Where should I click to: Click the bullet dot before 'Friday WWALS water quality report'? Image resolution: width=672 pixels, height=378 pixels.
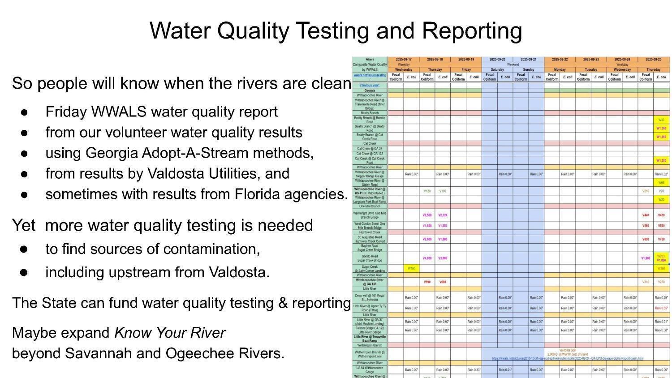click(24, 112)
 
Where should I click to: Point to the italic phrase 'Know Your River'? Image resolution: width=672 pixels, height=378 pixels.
click(170, 333)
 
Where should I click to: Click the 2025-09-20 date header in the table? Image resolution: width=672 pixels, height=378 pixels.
click(497, 59)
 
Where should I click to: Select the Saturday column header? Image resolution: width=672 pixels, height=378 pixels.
click(497, 69)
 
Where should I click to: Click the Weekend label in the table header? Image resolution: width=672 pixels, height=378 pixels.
click(513, 64)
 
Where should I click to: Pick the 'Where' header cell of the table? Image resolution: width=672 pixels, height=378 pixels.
click(370, 59)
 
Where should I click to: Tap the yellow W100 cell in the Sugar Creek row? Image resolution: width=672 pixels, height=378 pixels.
click(411, 269)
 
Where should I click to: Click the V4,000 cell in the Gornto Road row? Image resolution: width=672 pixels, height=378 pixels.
click(427, 258)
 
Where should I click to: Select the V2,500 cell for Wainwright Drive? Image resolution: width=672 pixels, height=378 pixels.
click(427, 215)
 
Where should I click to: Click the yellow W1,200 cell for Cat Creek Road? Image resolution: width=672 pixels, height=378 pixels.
click(661, 160)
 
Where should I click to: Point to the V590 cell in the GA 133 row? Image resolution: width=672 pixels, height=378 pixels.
click(427, 282)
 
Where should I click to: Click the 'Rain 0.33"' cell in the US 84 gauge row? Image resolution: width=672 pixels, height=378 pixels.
click(474, 370)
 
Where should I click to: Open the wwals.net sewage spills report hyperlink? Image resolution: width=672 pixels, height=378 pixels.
click(568, 358)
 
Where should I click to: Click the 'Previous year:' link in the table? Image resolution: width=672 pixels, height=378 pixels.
click(370, 85)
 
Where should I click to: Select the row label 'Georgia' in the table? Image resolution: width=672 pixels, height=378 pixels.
click(370, 90)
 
